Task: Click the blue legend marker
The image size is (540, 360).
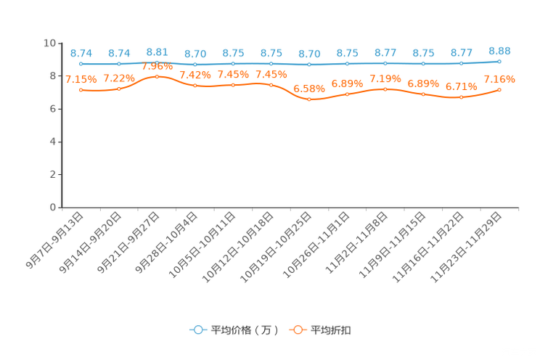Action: tap(197, 330)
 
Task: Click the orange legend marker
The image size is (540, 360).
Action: tap(297, 330)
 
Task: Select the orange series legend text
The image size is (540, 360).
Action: tap(332, 330)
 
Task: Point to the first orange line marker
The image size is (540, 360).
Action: tap(81, 90)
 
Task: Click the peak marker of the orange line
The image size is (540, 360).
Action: tap(157, 76)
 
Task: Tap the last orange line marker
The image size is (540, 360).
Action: tap(499, 89)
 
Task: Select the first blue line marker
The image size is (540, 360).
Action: tap(81, 64)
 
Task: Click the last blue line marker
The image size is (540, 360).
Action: tap(499, 61)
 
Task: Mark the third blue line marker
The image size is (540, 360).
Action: tap(157, 62)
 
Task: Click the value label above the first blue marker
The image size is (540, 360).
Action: tap(81, 53)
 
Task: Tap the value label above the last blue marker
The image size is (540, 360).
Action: tap(499, 50)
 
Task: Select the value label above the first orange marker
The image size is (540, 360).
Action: tap(81, 79)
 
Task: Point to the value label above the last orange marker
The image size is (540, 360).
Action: tap(499, 78)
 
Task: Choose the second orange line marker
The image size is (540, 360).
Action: tap(119, 88)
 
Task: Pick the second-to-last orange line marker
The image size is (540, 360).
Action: tap(461, 97)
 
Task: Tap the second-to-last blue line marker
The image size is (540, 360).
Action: tap(461, 64)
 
